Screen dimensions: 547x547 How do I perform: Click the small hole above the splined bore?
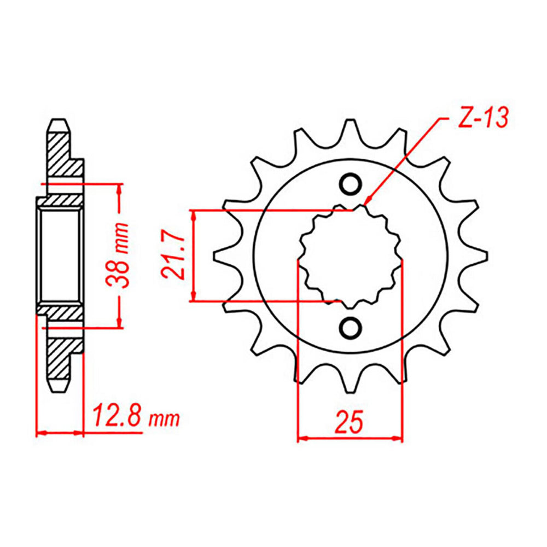[350, 184]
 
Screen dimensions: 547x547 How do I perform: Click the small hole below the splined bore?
[350, 327]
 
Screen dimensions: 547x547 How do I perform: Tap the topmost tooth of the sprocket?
[350, 130]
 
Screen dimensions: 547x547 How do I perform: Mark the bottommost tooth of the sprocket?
[350, 381]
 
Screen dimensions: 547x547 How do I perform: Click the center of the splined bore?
[350, 255]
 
